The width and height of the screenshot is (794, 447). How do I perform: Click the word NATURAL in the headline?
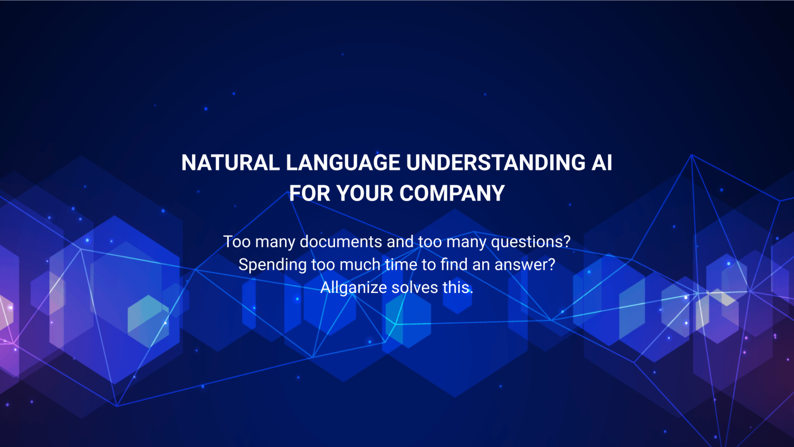pyautogui.click(x=230, y=163)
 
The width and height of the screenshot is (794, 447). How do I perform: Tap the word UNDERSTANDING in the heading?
pyautogui.click(x=496, y=163)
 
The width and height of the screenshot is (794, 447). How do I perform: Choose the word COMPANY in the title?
pyautogui.click(x=452, y=193)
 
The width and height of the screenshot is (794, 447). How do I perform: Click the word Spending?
pyautogui.click(x=273, y=265)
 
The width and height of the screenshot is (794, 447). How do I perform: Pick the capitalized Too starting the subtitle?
pyautogui.click(x=237, y=242)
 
